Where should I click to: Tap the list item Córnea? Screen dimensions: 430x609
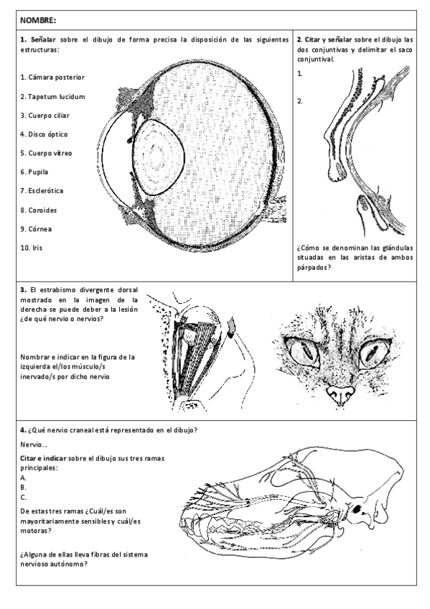(36, 229)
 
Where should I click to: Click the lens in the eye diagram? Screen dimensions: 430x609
(159, 156)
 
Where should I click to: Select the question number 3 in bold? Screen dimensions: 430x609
(23, 289)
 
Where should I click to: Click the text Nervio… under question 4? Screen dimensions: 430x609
(32, 445)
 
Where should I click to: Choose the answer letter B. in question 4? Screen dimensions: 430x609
(24, 486)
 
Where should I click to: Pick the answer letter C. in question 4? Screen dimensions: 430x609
(24, 496)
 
